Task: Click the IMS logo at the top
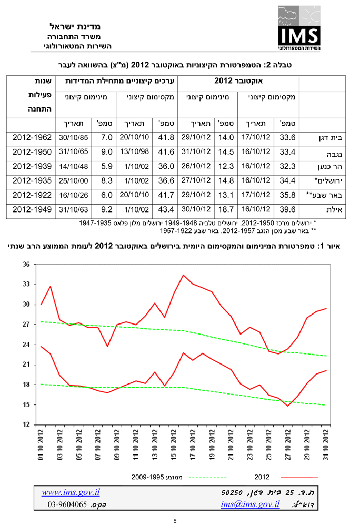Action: click(299, 28)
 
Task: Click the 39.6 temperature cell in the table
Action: click(287, 210)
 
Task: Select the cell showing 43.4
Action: click(166, 210)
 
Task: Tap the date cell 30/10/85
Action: click(74, 137)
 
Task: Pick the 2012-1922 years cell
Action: click(32, 195)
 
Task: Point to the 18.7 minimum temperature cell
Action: click(226, 210)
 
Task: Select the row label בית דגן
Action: click(331, 138)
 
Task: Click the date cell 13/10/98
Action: click(135, 152)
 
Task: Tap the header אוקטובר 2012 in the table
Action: click(238, 81)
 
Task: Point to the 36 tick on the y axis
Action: click(26, 265)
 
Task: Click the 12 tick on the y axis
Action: click(26, 424)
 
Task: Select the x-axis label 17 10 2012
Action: click(193, 444)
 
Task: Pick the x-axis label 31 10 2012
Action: click(326, 444)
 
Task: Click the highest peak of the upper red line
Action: click(183, 275)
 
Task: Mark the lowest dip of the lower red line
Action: click(287, 406)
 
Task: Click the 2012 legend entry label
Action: click(262, 477)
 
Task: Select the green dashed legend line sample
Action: click(208, 477)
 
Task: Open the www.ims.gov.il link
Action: click(71, 492)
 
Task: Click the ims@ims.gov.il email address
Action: click(250, 504)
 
